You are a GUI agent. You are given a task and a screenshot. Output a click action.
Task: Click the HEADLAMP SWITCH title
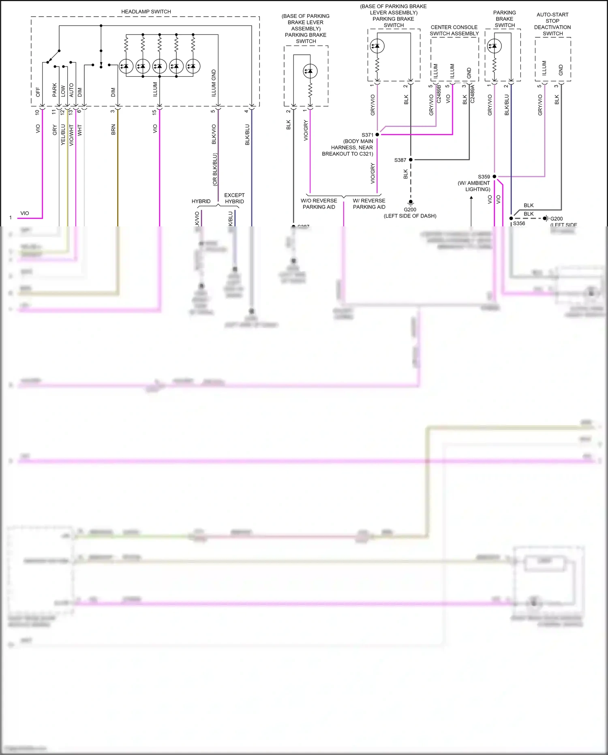(146, 12)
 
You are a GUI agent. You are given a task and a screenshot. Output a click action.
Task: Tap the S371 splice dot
(377, 134)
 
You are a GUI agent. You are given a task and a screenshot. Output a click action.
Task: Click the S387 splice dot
(411, 160)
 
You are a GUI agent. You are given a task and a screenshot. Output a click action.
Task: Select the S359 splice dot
(495, 176)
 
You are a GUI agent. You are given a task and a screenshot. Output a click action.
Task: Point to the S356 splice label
(519, 224)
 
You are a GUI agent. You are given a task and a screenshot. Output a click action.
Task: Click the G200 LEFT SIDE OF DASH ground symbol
(411, 202)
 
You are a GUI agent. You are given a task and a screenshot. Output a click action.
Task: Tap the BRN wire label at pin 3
(113, 129)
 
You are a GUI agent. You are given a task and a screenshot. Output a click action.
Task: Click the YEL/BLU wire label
(63, 135)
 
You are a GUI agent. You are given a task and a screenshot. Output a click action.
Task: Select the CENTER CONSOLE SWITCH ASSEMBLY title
(454, 30)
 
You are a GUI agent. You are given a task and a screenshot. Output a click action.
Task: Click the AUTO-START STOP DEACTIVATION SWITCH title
(552, 24)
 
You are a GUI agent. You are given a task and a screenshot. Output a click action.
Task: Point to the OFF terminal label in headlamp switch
(38, 92)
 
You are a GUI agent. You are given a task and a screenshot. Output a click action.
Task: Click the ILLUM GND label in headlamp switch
(214, 83)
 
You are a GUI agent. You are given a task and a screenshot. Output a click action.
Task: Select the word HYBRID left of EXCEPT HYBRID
(201, 201)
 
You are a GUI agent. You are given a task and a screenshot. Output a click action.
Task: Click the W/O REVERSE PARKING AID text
(319, 204)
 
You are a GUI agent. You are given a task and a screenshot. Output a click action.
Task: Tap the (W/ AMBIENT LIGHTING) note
(474, 186)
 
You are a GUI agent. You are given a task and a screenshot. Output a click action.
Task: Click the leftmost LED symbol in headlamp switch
(126, 66)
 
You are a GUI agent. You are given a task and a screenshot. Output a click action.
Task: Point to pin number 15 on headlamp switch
(154, 112)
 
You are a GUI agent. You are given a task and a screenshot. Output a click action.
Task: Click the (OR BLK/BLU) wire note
(215, 170)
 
